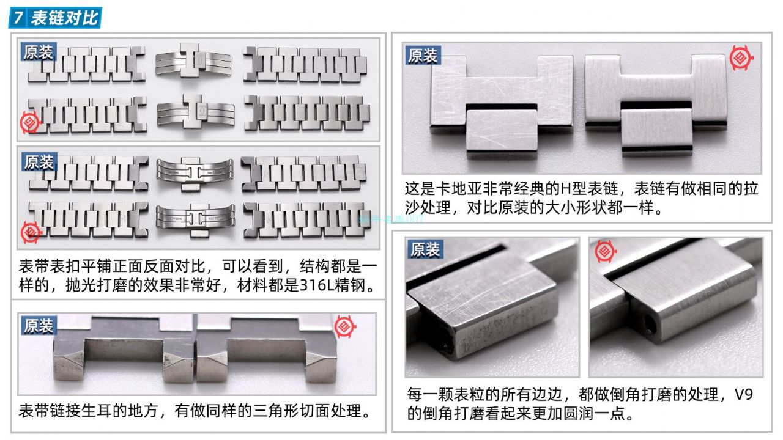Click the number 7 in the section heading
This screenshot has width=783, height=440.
(19, 18)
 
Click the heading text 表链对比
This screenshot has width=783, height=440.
(64, 18)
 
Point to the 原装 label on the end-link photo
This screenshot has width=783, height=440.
(39, 326)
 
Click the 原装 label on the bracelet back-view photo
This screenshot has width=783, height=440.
(39, 162)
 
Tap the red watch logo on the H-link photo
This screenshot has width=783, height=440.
(740, 58)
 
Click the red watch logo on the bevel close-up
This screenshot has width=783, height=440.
(605, 251)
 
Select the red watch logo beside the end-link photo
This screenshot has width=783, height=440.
(344, 327)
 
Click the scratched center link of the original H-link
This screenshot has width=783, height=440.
(501, 130)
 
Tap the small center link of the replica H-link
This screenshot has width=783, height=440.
(656, 129)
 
